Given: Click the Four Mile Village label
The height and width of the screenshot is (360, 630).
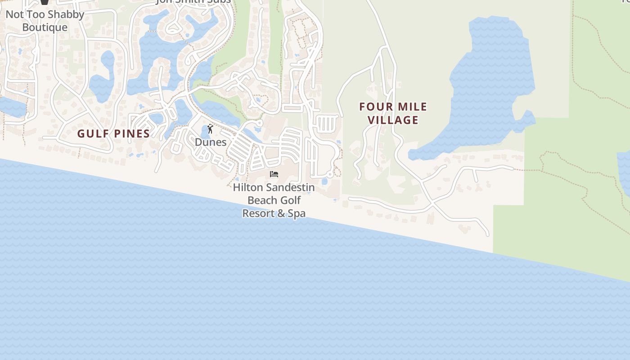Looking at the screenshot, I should click(393, 113).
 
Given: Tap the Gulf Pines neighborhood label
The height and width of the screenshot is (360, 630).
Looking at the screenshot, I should click(113, 134).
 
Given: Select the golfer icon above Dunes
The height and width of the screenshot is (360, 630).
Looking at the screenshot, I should click(210, 129).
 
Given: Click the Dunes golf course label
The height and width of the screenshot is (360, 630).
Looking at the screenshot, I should click(211, 142).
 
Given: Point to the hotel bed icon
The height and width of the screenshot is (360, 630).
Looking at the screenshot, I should click(274, 174).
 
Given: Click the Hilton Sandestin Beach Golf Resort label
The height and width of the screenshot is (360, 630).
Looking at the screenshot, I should click(274, 200).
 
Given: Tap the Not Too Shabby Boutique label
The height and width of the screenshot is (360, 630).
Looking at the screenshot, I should click(45, 21).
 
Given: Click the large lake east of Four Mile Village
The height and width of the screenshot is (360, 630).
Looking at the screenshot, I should click(490, 85).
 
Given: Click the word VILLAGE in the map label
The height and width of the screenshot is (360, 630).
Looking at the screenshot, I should click(393, 120).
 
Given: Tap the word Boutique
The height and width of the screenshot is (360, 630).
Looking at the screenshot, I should click(45, 27).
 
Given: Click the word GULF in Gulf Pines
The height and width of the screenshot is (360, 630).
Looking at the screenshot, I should click(91, 134).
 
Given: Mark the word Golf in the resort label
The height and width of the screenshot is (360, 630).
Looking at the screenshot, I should click(291, 200).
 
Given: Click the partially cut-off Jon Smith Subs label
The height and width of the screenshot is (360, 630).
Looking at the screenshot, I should click(193, 1).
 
